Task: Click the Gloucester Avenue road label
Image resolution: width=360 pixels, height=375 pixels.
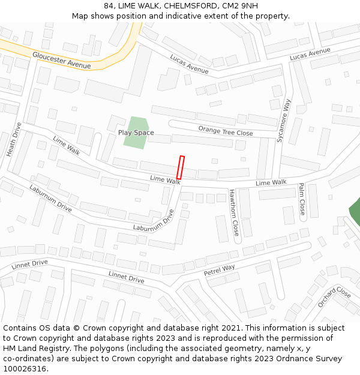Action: (x=62, y=61)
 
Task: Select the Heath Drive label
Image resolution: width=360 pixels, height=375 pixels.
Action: (x=14, y=140)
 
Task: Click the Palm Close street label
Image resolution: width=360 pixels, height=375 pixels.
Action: (x=302, y=199)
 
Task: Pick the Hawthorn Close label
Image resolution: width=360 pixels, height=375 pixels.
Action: (x=234, y=212)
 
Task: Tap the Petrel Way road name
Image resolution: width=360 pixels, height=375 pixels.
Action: (x=220, y=271)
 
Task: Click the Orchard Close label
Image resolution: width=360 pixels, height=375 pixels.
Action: (x=334, y=296)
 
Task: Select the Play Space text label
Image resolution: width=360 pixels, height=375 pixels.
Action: (x=136, y=133)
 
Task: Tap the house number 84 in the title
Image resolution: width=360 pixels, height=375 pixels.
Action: (x=109, y=5)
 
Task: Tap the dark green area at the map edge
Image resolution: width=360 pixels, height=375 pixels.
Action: (x=355, y=211)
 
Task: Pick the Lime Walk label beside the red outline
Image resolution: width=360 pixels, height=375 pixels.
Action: (x=165, y=180)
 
